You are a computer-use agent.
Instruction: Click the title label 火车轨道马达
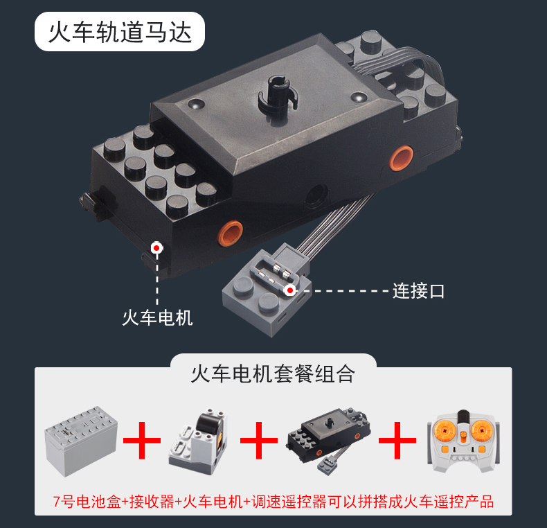(x=120, y=33)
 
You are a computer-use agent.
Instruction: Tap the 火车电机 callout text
(x=157, y=318)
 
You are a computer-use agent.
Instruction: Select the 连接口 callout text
(x=418, y=291)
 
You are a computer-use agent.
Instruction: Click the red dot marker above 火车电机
(x=156, y=248)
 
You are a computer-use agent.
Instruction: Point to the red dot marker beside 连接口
(x=289, y=290)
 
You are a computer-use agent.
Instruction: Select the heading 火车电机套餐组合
(x=273, y=373)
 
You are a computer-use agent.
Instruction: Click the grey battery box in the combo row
(x=81, y=441)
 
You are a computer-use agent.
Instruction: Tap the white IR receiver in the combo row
(x=198, y=441)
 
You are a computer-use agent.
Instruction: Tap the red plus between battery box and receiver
(x=142, y=441)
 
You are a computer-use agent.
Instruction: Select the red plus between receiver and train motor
(x=259, y=441)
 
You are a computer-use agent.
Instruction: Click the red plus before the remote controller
(x=397, y=441)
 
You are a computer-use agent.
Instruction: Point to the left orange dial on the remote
(x=444, y=430)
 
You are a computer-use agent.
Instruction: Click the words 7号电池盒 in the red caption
(x=87, y=502)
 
